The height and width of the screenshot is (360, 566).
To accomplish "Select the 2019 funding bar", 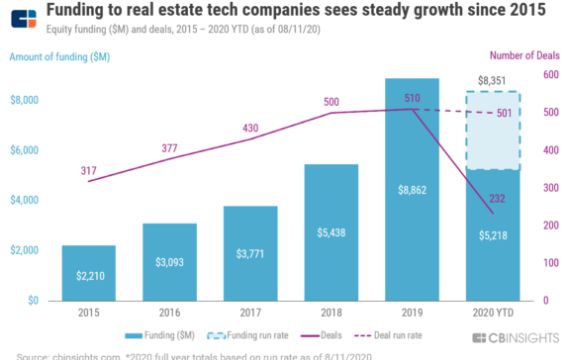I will [412, 188].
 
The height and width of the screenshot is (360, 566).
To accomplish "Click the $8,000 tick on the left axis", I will [25, 100].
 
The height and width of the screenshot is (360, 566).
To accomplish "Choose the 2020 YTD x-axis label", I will [493, 314].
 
